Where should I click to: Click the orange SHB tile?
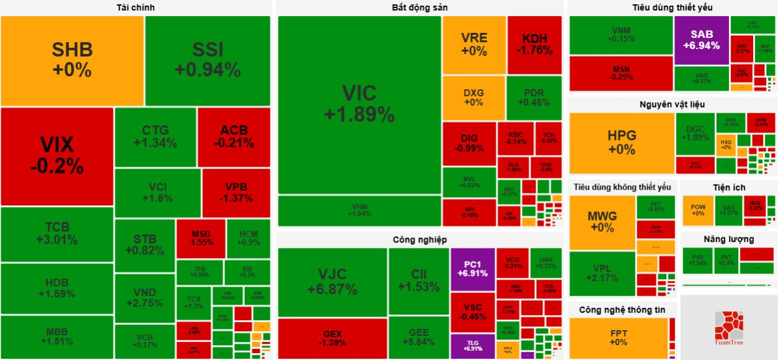(72, 60)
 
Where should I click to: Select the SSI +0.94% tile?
(208, 60)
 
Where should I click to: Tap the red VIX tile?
(57, 155)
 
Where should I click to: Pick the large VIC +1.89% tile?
(359, 104)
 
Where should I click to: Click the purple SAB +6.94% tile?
(701, 40)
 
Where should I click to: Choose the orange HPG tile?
(622, 143)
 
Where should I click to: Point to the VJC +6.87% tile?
(332, 282)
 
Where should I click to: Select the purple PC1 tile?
(472, 269)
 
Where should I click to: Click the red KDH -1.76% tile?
(534, 45)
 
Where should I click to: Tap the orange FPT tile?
(618, 338)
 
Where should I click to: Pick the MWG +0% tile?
(602, 222)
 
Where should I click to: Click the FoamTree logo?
(728, 328)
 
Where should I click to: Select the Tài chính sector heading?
(135, 7)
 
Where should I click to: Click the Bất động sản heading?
(420, 7)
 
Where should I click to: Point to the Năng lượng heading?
(729, 239)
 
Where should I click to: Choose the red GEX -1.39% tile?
(332, 338)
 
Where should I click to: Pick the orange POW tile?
(698, 210)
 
